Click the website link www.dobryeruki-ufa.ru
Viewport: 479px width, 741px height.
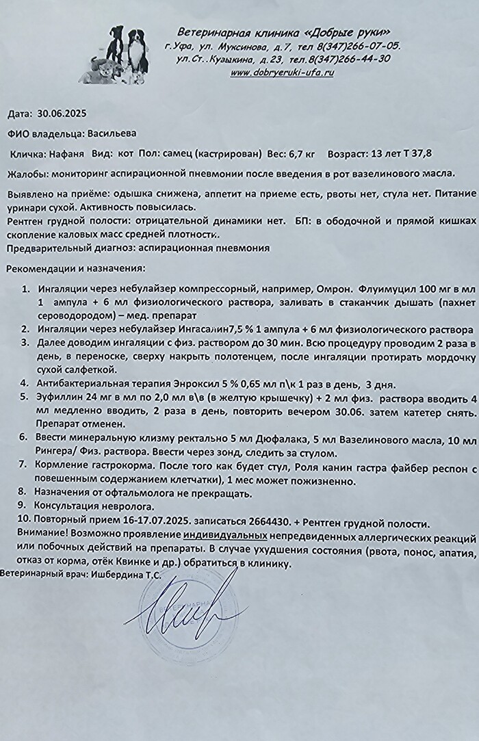coord(282,73)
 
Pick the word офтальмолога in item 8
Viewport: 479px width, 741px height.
coord(138,491)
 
